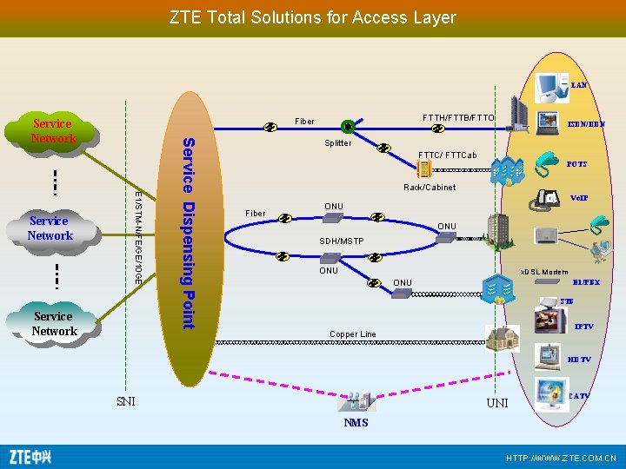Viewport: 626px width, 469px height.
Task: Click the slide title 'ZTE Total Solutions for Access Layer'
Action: pos(312,17)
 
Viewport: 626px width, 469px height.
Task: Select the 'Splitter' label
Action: pos(337,143)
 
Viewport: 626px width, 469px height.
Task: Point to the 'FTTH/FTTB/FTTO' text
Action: pos(458,118)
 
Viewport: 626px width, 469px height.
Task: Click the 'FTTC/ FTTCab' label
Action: pos(447,155)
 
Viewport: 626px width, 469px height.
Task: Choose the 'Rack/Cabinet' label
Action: pos(430,188)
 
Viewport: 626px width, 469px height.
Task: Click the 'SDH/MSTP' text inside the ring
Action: pos(341,241)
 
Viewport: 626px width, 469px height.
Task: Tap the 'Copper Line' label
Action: pos(353,334)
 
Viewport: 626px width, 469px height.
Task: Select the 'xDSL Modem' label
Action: pos(543,272)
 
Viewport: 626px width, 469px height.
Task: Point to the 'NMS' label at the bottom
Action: pos(356,423)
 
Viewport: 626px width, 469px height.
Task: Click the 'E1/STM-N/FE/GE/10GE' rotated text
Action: pos(138,234)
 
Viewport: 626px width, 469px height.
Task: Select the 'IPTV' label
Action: pos(583,327)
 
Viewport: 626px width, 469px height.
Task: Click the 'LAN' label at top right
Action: pos(579,85)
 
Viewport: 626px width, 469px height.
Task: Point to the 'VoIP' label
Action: pos(579,198)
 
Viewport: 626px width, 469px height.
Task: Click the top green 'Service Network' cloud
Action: pos(53,131)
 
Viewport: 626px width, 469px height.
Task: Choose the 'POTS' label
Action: pos(576,164)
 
